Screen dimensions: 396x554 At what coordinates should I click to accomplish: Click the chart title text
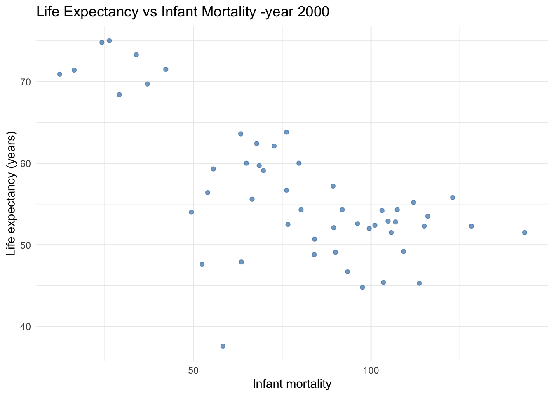pos(183,12)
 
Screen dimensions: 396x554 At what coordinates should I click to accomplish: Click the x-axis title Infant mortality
pos(292,384)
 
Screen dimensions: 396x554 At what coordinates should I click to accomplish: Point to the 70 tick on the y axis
pos(25,82)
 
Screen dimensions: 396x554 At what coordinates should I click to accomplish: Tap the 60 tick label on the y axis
pos(25,163)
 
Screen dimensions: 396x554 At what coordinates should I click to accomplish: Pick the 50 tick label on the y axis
pos(25,245)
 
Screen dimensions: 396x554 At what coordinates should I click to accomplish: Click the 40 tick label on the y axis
pos(25,327)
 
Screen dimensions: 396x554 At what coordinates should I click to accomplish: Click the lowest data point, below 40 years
pos(223,346)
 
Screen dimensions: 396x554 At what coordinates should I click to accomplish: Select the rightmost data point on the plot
pos(525,233)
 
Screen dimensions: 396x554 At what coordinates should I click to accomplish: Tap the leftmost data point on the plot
pos(59,74)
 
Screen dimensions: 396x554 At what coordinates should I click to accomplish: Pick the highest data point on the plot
pos(109,41)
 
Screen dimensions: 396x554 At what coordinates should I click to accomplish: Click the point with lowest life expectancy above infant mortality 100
pos(419,283)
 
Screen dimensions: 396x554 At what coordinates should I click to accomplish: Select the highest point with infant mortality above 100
pos(453,198)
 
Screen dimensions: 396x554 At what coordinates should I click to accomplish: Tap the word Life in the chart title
pos(47,12)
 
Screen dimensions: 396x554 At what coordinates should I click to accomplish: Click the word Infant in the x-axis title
pos(267,384)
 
